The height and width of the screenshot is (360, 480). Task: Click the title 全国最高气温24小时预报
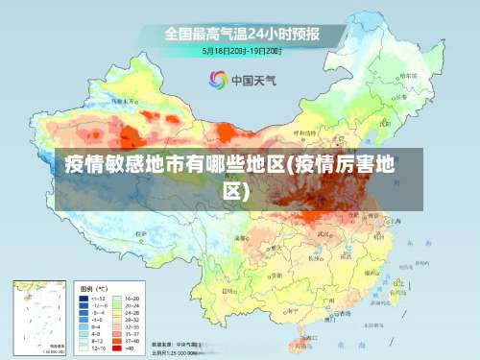click(241, 34)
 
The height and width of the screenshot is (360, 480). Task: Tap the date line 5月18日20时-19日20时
click(241, 51)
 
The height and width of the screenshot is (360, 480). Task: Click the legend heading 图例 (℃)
click(93, 287)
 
